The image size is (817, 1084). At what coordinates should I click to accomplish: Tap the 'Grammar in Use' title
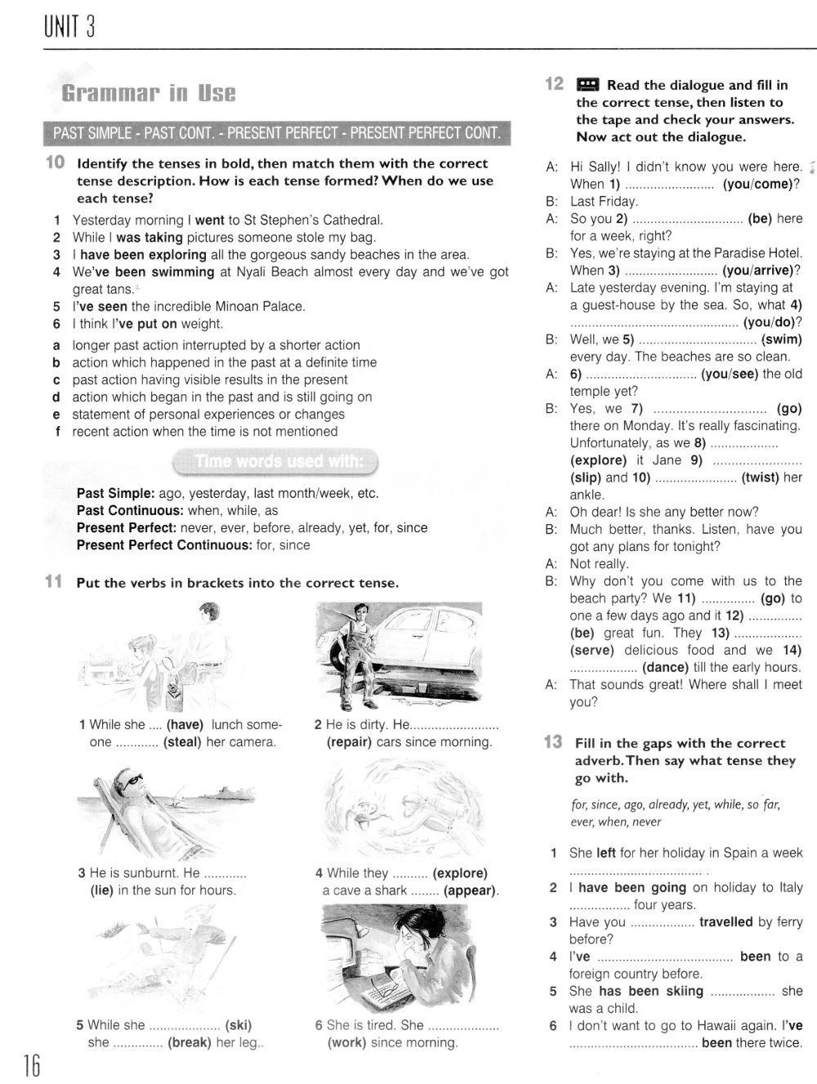[149, 93]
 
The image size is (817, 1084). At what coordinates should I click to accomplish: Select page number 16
[32, 1064]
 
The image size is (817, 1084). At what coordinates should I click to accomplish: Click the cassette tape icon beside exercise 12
[588, 85]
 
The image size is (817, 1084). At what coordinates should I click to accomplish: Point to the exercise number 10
[55, 163]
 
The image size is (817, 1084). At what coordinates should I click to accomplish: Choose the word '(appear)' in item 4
[470, 891]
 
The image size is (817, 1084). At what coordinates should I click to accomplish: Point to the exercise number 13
[553, 743]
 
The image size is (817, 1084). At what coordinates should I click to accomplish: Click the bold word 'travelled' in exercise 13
[726, 922]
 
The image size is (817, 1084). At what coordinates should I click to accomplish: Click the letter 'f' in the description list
[57, 432]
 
